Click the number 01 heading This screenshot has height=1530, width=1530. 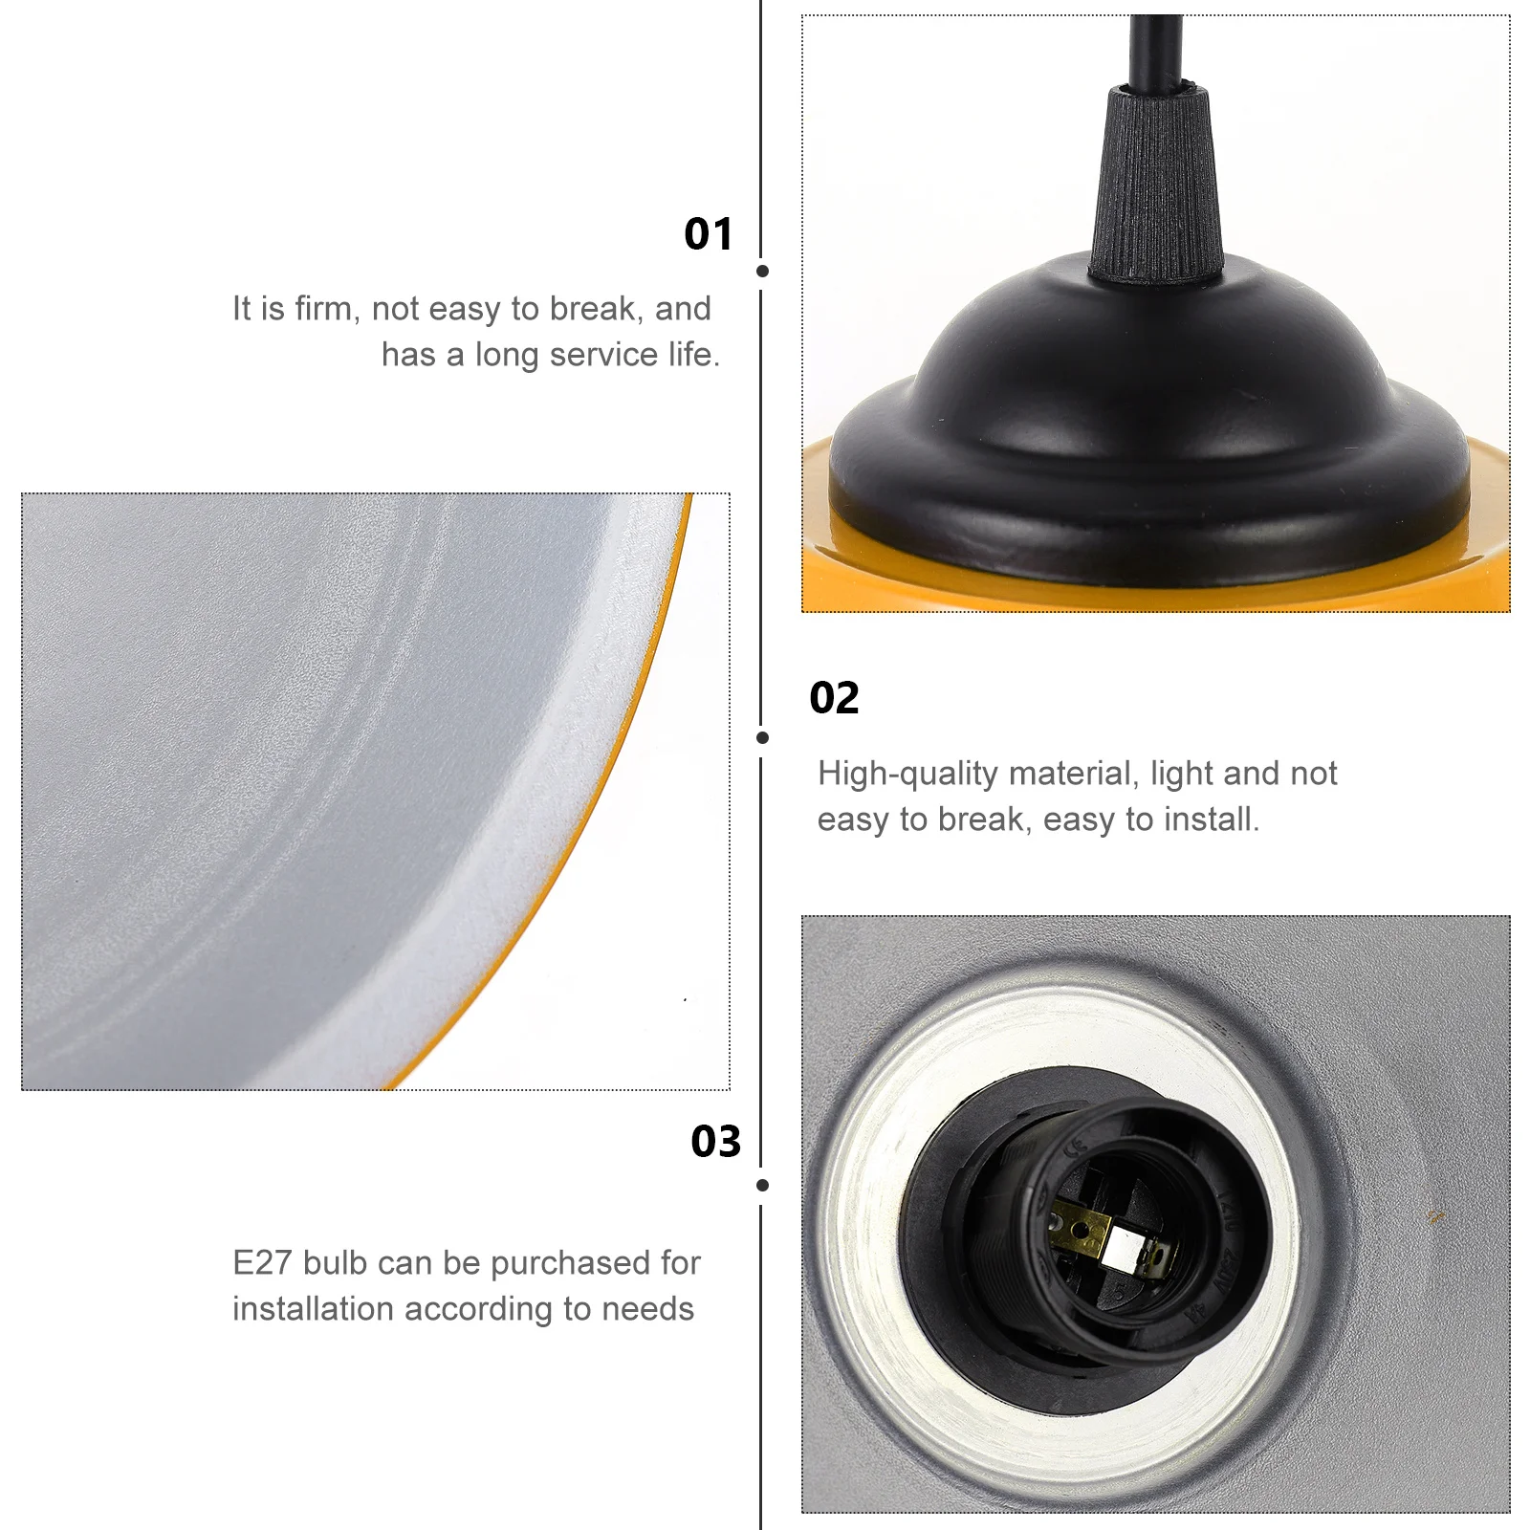tap(709, 234)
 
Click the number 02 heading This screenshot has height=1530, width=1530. tap(834, 698)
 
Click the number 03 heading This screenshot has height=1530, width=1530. tap(716, 1142)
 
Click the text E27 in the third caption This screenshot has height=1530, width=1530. tap(262, 1263)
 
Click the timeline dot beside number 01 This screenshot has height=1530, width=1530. tap(762, 272)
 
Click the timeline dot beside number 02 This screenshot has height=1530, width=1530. tap(762, 737)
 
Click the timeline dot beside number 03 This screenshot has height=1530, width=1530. tap(762, 1186)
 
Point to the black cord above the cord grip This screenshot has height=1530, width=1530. tap(1154, 48)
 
